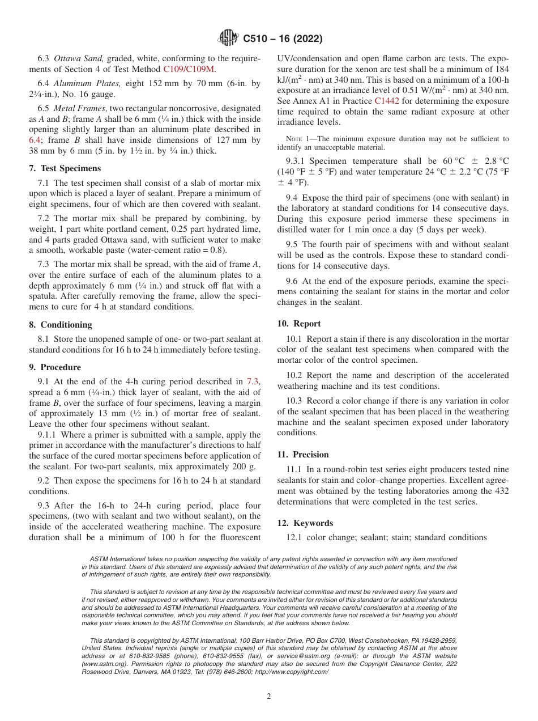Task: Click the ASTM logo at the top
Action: pos(228,39)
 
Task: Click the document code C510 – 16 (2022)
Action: pos(283,39)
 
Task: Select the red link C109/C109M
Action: pos(189,70)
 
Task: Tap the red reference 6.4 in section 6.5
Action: pos(35,139)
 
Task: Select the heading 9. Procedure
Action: pos(55,367)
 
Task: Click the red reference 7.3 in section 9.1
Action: pos(253,381)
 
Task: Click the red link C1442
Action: pos(387,101)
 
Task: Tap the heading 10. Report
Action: pos(299,324)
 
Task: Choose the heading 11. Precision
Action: pos(303,455)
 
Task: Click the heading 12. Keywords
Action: pos(305,523)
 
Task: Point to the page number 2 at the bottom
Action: pos(269,697)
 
